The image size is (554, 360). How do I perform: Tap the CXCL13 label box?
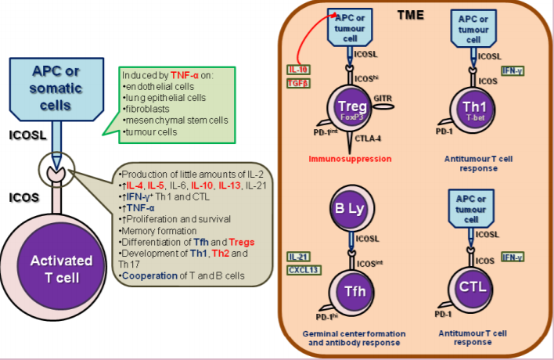pyautogui.click(x=302, y=271)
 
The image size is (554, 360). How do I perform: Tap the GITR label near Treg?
pyautogui.click(x=383, y=99)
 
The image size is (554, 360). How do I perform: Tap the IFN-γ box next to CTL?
pyautogui.click(x=513, y=257)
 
